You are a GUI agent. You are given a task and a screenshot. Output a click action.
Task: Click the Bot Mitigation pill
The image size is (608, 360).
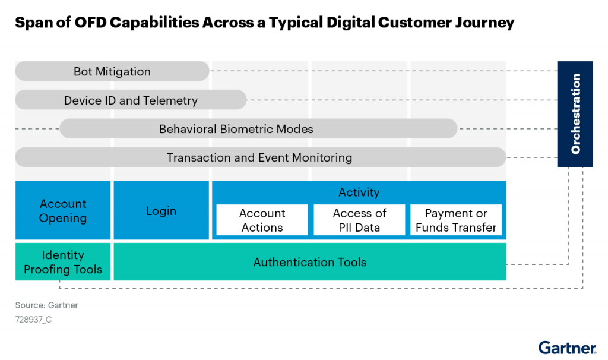[x=112, y=71]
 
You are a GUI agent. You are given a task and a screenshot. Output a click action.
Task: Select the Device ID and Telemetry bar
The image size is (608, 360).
[x=131, y=100]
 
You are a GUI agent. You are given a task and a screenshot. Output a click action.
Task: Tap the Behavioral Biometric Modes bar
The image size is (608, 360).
[x=259, y=128]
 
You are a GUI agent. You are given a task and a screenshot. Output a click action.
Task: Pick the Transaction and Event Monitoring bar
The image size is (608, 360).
[x=261, y=157]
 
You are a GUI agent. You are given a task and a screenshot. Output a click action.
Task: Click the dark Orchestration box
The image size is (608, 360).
[x=575, y=113]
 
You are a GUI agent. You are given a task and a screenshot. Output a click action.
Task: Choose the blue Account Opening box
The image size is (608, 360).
[x=63, y=210]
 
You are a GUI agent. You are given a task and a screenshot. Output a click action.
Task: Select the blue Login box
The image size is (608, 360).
[x=161, y=210]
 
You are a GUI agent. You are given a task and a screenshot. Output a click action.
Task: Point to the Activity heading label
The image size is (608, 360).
[x=359, y=192]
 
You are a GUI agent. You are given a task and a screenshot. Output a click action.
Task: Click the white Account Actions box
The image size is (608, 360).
[x=262, y=220]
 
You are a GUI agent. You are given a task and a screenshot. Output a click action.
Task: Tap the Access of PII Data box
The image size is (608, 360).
[x=359, y=220]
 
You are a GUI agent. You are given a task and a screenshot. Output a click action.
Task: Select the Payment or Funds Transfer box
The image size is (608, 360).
[x=456, y=220]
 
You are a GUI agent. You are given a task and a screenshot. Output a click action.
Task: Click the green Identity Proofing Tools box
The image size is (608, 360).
[x=63, y=262]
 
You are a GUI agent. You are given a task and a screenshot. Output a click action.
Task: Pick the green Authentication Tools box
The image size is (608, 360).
[x=310, y=262]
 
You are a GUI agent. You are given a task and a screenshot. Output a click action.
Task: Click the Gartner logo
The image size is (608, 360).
[x=567, y=347]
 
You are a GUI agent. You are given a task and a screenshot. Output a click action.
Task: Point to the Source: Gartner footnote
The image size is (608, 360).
[x=46, y=305]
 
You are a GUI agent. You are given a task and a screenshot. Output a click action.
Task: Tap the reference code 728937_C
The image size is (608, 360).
[x=33, y=319]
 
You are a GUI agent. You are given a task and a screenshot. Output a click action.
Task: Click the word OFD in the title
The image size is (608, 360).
[x=90, y=23]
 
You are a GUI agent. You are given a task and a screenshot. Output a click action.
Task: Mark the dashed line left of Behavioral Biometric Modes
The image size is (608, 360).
[x=37, y=128]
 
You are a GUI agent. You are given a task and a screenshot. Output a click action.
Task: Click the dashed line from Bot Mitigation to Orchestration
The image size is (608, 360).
[x=384, y=71]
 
